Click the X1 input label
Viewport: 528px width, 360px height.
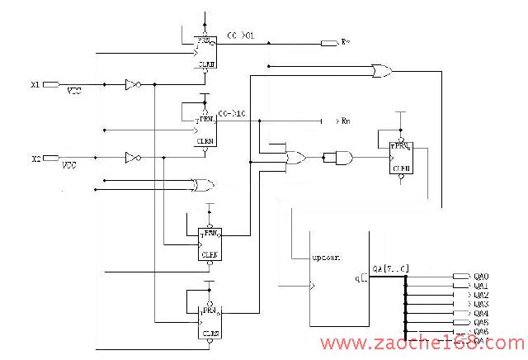35,84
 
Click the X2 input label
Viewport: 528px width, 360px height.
35,158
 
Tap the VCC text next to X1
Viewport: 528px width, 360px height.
74,92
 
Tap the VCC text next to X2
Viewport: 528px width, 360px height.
71,165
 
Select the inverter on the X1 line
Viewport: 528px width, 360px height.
131,84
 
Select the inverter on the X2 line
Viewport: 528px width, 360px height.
131,157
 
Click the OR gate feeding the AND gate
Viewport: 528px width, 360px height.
294,156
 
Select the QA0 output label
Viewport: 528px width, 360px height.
481,276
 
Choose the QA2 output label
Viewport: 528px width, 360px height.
481,295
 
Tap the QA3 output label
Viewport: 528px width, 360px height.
481,304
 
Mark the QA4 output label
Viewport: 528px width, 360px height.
481,313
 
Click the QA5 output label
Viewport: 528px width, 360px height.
481,322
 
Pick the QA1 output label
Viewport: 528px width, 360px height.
481,286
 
